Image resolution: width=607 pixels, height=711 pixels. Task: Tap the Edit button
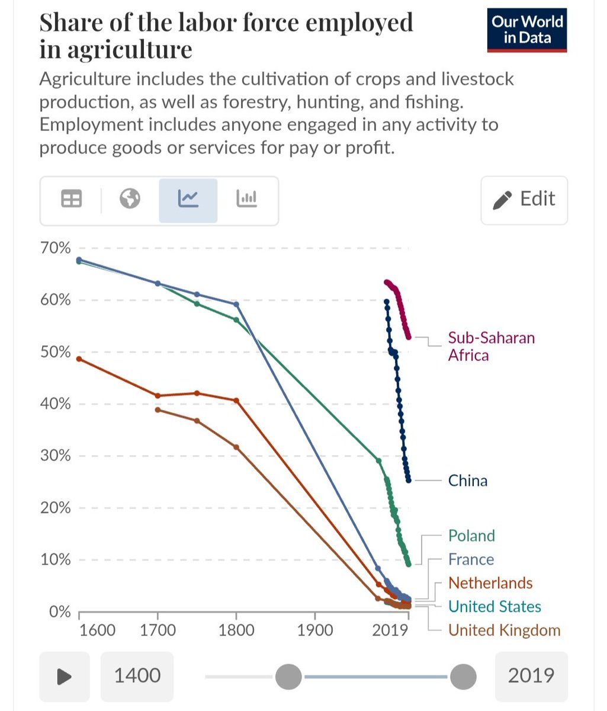tap(524, 200)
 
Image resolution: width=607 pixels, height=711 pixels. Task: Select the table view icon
tap(71, 200)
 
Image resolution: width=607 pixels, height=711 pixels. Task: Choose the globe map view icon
tap(130, 200)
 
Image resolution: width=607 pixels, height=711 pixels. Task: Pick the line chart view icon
tap(188, 200)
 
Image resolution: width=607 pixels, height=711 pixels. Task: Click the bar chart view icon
tap(246, 200)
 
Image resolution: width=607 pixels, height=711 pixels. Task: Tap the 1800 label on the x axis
tap(236, 629)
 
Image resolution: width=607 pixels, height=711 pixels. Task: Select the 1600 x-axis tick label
tap(98, 629)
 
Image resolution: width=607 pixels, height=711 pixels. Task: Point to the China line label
tap(468, 481)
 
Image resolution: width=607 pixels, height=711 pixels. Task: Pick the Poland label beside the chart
tap(471, 536)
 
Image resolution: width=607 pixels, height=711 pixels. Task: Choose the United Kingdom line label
tap(504, 630)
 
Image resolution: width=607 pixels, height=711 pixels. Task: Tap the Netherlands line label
tap(490, 584)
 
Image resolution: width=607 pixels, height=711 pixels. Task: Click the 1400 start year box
tap(137, 675)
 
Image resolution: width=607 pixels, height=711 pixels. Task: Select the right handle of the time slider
tap(463, 676)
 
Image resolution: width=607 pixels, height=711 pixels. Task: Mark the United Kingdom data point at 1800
tap(236, 447)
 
